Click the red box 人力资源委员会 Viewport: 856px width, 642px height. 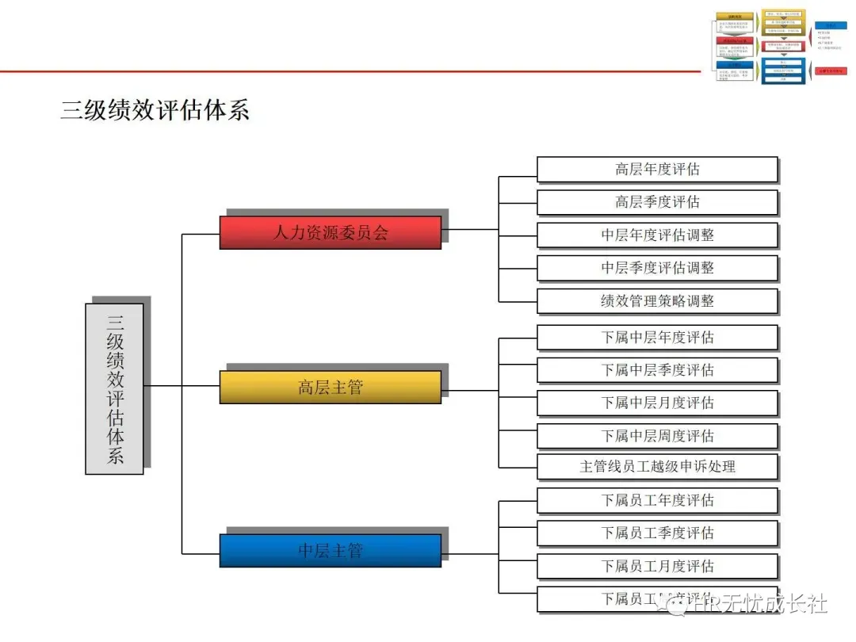click(330, 232)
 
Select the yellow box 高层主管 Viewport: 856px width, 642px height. click(330, 388)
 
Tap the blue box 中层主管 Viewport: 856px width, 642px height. click(330, 550)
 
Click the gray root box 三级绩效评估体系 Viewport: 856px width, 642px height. click(115, 388)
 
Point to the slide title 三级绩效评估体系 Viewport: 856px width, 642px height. click(155, 110)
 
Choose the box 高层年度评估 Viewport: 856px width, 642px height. click(657, 170)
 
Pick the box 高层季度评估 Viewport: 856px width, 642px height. click(657, 202)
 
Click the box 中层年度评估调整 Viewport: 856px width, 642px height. click(657, 235)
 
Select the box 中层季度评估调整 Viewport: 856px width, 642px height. click(657, 268)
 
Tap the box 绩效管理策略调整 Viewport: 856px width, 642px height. click(657, 301)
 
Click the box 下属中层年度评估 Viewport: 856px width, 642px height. click(657, 338)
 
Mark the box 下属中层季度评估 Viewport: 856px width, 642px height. click(657, 370)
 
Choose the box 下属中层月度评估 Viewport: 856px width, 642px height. click(657, 403)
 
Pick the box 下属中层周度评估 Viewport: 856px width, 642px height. click(657, 436)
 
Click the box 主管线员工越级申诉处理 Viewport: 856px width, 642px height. click(657, 467)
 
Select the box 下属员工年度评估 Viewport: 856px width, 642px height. click(657, 501)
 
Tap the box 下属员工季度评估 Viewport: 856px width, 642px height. click(657, 533)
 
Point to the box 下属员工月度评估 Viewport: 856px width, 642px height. click(657, 567)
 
